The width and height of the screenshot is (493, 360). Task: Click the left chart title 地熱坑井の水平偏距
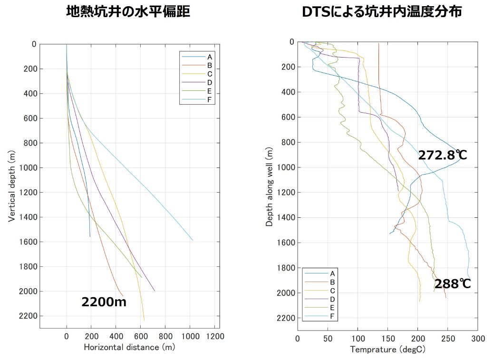tap(128, 11)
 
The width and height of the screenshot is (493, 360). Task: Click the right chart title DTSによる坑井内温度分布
tap(382, 11)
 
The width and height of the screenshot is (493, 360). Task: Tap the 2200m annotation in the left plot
tap(104, 302)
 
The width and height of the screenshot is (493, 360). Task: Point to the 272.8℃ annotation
tap(443, 155)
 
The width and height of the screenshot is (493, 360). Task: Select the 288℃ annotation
tap(453, 284)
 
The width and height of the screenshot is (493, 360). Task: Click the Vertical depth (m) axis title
tap(11, 186)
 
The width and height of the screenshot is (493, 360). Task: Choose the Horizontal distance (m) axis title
tap(129, 347)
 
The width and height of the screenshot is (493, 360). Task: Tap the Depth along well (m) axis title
tap(270, 186)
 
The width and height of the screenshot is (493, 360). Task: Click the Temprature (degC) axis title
tap(387, 350)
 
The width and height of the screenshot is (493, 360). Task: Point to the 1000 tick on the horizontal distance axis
tap(190, 336)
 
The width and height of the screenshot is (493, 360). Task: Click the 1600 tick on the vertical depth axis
tap(29, 242)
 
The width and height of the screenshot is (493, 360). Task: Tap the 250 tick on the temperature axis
tap(448, 339)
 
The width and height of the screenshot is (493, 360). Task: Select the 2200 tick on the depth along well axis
tap(286, 318)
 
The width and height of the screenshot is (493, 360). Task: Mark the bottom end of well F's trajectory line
tap(193, 240)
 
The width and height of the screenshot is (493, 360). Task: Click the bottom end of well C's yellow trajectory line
tap(144, 321)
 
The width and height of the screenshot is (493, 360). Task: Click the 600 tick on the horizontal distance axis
tap(141, 336)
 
